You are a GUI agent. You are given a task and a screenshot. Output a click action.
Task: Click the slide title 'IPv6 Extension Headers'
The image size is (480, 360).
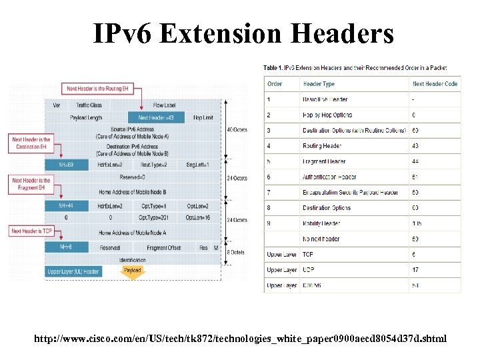pos(243,33)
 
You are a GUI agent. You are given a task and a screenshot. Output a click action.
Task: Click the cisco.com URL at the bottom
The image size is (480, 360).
pos(241,339)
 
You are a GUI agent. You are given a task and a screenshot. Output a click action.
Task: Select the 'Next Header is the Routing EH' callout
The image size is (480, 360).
pos(97,88)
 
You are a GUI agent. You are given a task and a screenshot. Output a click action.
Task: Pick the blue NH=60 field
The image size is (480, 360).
pos(66,164)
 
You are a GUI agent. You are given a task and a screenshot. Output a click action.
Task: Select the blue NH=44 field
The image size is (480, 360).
pos(66,206)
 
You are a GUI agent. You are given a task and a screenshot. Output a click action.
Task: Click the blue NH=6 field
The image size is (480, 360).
pos(66,247)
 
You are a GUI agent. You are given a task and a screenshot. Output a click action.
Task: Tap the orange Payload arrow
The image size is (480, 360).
pos(133,271)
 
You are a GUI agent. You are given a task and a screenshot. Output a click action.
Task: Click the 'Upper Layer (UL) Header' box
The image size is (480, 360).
pos(73,271)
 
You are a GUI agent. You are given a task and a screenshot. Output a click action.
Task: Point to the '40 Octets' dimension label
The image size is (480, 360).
pos(237,129)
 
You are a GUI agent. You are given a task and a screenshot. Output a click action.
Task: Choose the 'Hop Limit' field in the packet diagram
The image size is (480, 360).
pos(203,117)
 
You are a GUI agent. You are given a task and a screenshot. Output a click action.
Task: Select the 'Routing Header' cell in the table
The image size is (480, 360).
pos(322,146)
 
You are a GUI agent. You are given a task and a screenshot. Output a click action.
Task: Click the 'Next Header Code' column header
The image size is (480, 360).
pos(435,84)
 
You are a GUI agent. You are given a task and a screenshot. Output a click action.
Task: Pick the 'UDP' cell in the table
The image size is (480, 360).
pos(308,270)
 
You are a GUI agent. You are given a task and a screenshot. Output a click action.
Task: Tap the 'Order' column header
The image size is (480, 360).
pos(275,84)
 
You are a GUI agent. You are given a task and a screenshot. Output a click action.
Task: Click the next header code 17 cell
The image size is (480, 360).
pos(415,270)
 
